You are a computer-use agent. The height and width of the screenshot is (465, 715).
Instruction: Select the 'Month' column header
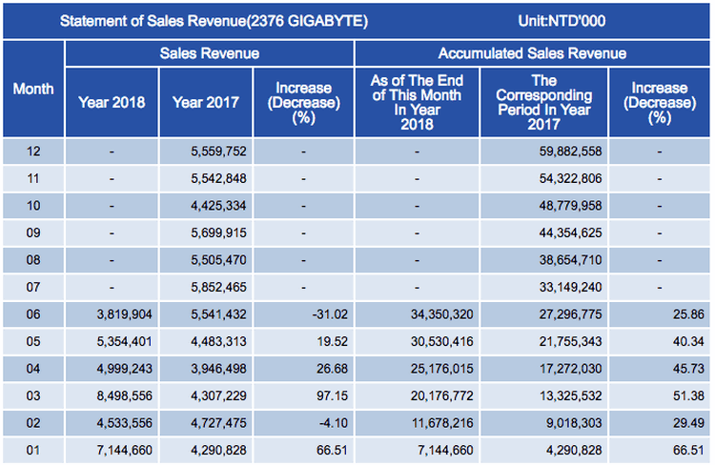tap(32, 89)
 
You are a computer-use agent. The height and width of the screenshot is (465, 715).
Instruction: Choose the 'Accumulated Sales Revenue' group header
tap(532, 54)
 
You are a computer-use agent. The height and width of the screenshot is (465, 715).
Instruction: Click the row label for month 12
tap(32, 151)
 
